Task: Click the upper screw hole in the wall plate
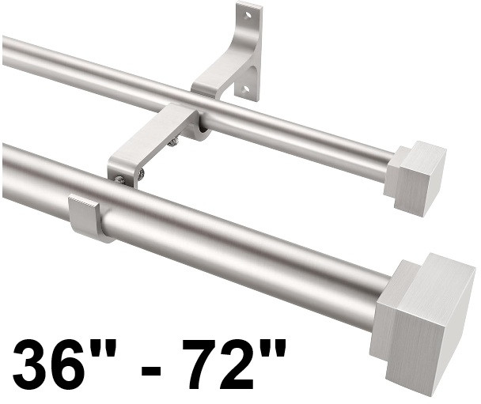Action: (248, 14)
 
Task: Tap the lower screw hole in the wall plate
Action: (246, 89)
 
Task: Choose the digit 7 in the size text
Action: (203, 364)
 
